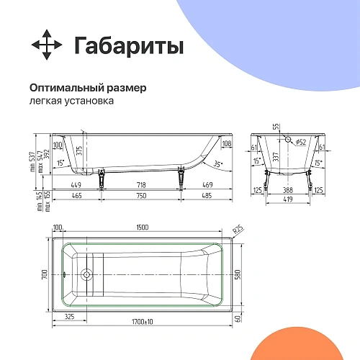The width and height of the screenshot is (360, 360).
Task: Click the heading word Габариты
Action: click(x=129, y=45)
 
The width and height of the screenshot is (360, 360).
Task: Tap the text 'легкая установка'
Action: click(x=71, y=102)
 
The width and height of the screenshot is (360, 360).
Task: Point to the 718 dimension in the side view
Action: click(x=142, y=185)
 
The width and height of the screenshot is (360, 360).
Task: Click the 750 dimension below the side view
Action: click(x=142, y=195)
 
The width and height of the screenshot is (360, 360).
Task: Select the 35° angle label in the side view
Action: click(x=218, y=164)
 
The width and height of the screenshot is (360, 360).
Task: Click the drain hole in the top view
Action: click(x=87, y=274)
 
